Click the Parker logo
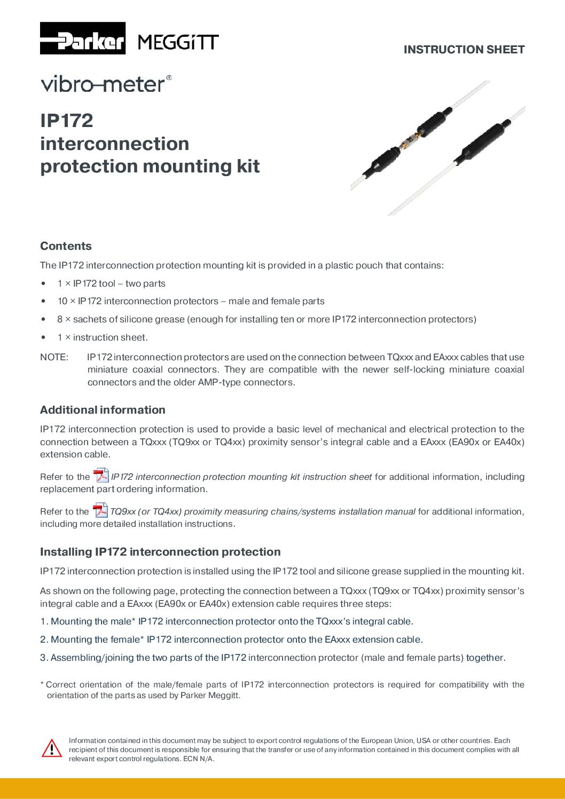pos(83,38)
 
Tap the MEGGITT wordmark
pos(178,42)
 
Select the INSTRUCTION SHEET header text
pos(464,50)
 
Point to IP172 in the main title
pos(67,121)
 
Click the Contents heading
pos(66,246)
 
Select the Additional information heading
pos(103,410)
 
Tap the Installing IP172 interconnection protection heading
pos(160,552)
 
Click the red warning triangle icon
pos(52,748)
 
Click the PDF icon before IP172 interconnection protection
pos(101,475)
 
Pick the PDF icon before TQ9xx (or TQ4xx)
pos(100,510)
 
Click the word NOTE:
pos(54,357)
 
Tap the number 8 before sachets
pos(60,319)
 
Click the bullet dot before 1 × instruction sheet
pos(43,337)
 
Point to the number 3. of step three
pos(44,658)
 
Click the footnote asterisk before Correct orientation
pos(42,684)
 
